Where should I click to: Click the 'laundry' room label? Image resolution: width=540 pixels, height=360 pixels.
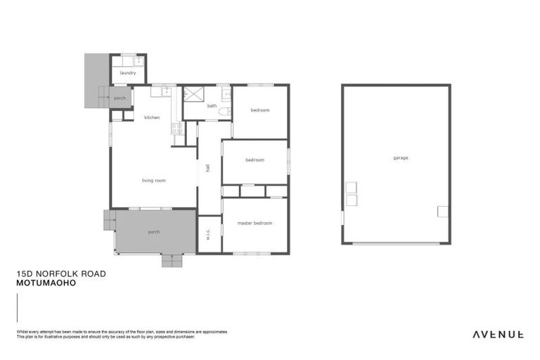(x=128, y=73)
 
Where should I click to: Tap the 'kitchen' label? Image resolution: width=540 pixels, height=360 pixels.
(x=153, y=117)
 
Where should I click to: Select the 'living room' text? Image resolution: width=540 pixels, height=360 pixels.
(x=153, y=181)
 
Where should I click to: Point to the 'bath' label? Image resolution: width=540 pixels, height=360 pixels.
(x=212, y=106)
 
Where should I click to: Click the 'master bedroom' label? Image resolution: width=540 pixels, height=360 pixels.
(x=255, y=224)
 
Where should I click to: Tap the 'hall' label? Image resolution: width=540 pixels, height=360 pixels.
(x=208, y=168)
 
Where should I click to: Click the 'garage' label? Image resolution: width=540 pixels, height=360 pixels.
(x=401, y=157)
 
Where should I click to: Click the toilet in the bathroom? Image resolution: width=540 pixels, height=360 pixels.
(x=224, y=111)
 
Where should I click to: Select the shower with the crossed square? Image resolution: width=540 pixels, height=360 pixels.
(x=193, y=94)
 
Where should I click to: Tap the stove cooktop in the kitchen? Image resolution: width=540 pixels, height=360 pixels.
(x=178, y=128)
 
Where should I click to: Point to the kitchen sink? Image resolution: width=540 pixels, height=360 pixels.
(x=167, y=91)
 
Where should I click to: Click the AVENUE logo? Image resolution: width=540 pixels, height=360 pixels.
(x=497, y=334)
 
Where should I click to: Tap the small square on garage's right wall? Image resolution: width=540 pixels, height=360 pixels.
(x=442, y=211)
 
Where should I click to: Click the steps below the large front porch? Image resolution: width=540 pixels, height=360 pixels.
(x=172, y=260)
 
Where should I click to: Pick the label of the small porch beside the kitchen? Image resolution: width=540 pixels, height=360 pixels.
(x=120, y=98)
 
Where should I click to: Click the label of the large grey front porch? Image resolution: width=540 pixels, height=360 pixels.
(x=153, y=232)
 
